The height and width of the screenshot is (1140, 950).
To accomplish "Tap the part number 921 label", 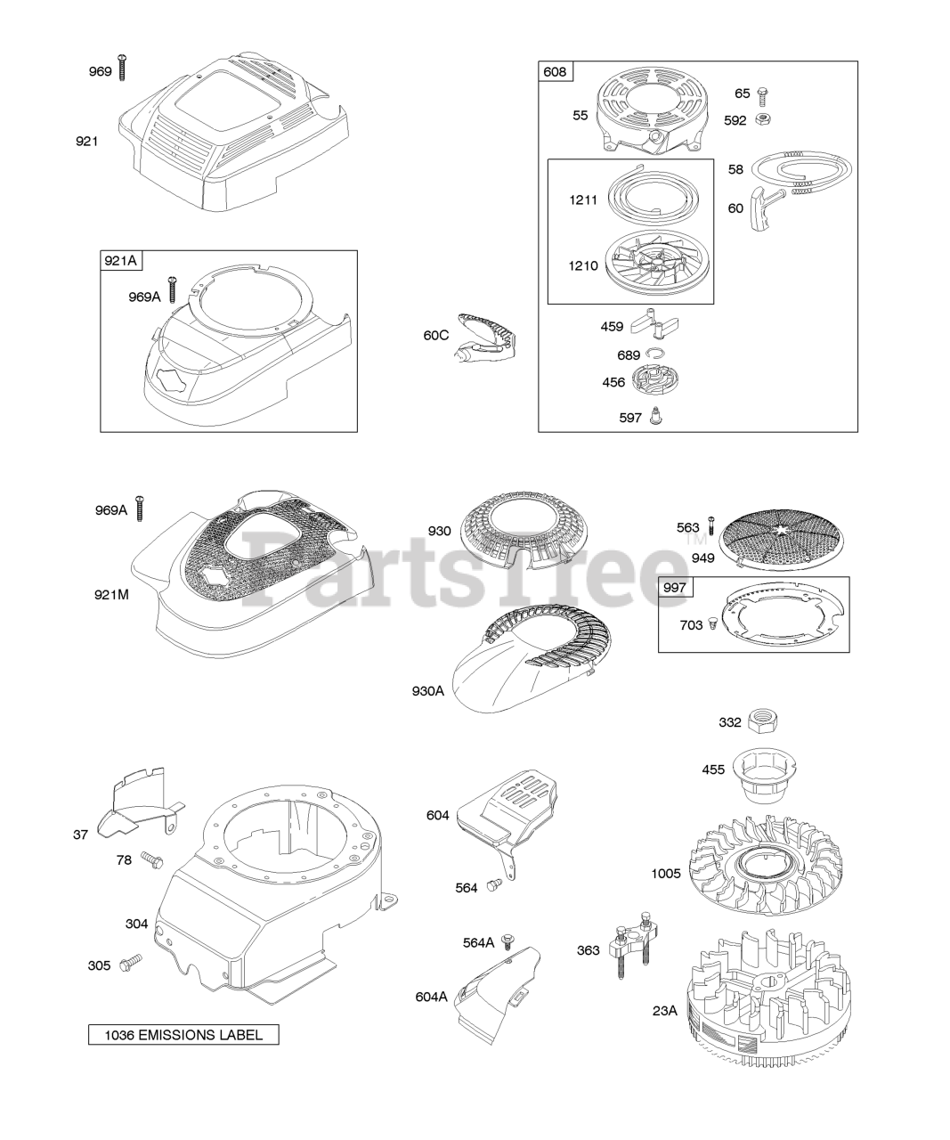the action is click(87, 141).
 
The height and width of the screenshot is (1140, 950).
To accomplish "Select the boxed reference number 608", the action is click(556, 72).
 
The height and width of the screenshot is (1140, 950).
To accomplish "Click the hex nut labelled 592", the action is click(763, 120).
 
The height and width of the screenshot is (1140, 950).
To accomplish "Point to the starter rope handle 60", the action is click(762, 203).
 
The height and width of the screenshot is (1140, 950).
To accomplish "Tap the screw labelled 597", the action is click(657, 415).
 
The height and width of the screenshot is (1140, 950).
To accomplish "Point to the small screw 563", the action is click(710, 526).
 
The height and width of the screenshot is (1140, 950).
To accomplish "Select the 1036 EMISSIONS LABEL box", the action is click(183, 1034).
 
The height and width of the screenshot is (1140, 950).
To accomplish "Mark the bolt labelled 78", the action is click(153, 859).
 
